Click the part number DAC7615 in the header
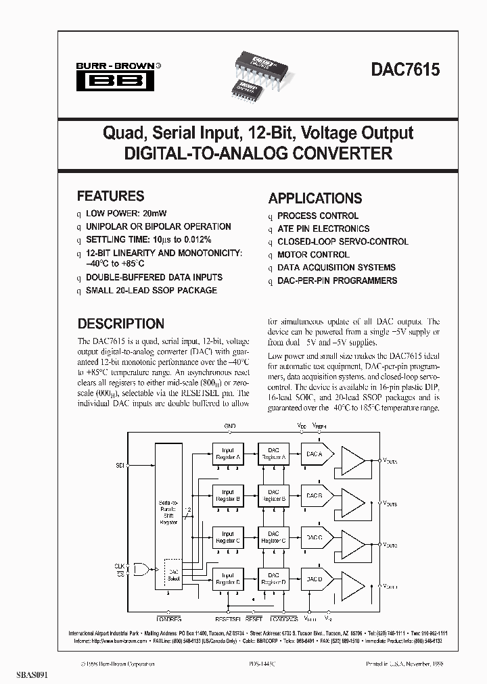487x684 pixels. coord(404,70)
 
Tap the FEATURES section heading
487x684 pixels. coord(110,196)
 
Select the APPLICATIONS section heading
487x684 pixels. coord(315,198)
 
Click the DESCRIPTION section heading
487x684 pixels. coord(120,324)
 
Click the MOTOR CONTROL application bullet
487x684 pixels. coord(313,255)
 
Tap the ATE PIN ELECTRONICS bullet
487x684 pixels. coord(323,229)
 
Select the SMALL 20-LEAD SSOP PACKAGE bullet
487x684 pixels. coord(152,290)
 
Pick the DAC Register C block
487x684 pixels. coord(273,538)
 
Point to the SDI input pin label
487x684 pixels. coord(120,466)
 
